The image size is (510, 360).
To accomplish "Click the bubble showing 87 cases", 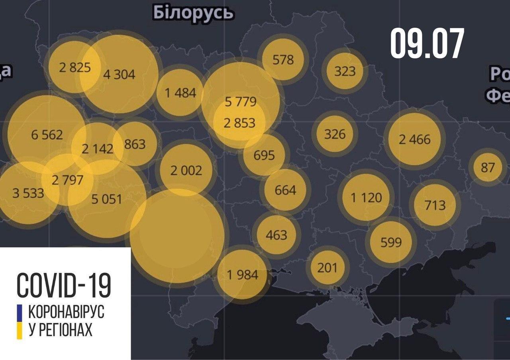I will [487, 167].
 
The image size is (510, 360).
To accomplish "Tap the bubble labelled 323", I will [345, 71].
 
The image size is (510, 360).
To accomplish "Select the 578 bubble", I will [283, 59].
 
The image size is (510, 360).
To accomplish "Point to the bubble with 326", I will [335, 134].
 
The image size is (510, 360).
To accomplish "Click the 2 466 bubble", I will [414, 139].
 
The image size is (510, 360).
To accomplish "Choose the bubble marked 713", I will [435, 205].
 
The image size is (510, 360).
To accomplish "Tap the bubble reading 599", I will [390, 242].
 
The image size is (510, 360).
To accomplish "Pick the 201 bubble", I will [327, 267].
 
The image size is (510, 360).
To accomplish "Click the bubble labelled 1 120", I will [366, 197].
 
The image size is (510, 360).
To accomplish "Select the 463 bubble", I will [277, 235].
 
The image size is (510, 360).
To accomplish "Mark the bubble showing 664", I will [286, 190].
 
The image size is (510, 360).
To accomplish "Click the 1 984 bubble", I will [242, 274].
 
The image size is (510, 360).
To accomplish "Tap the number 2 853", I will [239, 123].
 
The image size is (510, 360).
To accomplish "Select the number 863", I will [135, 144].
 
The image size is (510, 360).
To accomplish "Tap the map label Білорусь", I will [193, 13].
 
